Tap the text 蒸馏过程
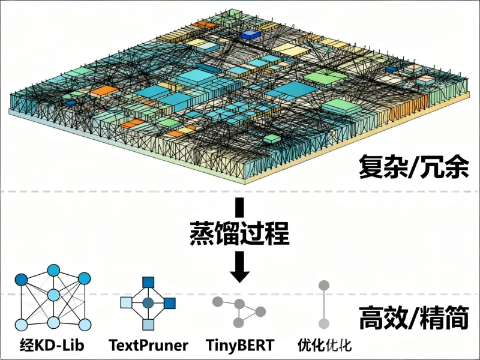pos(239,232)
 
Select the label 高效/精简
pos(413,318)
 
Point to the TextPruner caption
pos(148,345)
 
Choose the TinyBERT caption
pos(239,345)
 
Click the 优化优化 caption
pos(324,345)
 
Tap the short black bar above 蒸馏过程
pos(240,207)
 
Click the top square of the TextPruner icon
pos(148,282)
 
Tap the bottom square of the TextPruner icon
pos(148,325)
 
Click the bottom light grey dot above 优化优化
pos(323,324)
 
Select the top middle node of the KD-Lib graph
pos(55,270)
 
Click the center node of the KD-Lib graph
pos(53,295)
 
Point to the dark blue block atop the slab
pos(247,35)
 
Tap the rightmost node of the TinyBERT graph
pos(260,311)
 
